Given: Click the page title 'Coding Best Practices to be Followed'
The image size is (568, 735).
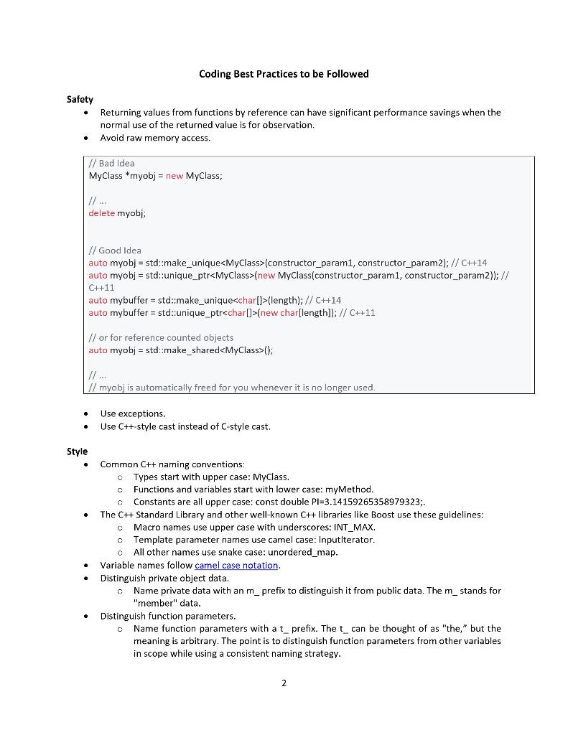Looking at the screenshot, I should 284,74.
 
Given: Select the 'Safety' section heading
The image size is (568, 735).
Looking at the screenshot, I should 80,100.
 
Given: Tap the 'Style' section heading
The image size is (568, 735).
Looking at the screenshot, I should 77,451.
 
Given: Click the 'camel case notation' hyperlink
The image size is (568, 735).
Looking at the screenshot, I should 236,565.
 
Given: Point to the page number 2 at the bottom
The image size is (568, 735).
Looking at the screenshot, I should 284,683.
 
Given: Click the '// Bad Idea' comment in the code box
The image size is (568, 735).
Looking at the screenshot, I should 111,163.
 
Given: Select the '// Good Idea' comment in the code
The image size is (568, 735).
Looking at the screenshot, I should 115,250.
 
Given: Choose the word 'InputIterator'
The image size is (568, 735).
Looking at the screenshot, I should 344,539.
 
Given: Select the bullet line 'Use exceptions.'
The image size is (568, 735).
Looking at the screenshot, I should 133,413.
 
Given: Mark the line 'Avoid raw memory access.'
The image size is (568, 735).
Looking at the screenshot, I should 155,138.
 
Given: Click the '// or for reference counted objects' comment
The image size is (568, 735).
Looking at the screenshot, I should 161,337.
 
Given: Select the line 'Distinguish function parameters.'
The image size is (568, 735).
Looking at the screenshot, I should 167,616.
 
